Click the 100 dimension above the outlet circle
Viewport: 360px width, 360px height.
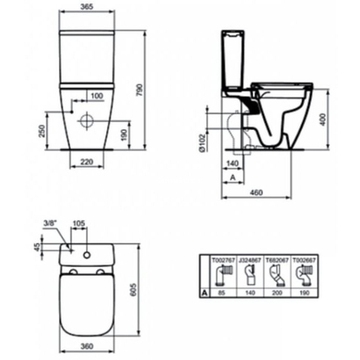pyautogui.click(x=96, y=94)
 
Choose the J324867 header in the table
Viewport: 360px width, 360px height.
pyautogui.click(x=251, y=259)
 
